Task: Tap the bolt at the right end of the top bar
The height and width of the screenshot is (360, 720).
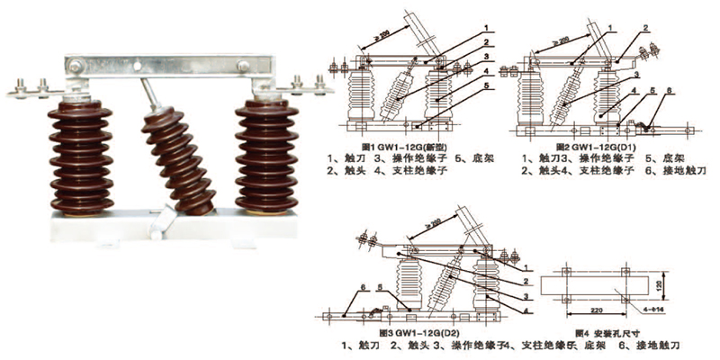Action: click(x=244, y=64)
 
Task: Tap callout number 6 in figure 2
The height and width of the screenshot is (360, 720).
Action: click(x=668, y=92)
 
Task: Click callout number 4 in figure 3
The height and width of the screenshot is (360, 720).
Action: click(x=525, y=310)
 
